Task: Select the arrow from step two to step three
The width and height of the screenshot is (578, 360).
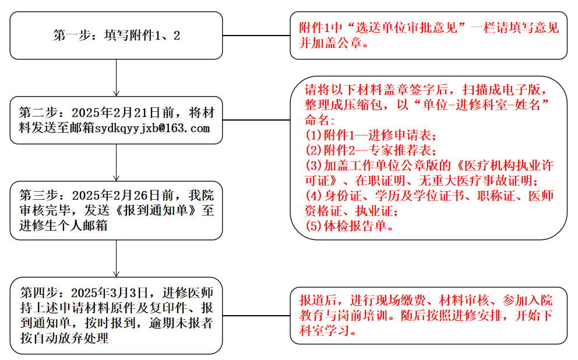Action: coord(117,163)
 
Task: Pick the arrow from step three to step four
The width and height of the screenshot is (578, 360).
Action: coord(117,258)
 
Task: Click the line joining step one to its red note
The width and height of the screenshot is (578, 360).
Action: coord(256,36)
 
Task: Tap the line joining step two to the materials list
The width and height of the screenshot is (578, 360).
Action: coord(256,121)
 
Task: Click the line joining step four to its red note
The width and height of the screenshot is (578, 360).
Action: coord(256,316)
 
